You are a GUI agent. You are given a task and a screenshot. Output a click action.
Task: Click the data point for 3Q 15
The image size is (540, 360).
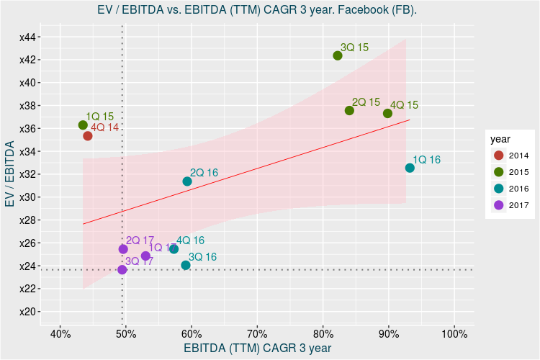338,55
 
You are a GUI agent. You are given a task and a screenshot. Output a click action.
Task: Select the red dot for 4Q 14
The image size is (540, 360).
88,136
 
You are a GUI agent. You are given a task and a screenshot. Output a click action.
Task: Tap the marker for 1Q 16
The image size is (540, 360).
410,168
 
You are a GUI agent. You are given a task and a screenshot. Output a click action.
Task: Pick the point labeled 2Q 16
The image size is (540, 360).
187,181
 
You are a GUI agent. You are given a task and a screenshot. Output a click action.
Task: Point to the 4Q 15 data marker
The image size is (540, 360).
388,113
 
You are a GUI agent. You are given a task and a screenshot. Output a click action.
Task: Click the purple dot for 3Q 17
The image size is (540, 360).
122,270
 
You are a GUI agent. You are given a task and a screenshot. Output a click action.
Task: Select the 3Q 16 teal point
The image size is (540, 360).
186,265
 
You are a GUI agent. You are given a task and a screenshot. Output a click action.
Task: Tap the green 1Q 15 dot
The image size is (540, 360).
83,125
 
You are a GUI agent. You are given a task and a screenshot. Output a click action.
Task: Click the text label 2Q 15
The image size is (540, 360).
366,102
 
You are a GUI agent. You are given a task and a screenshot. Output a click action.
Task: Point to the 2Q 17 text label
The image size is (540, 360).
140,240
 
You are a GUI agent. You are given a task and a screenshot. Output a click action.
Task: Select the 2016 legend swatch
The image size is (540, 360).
498,188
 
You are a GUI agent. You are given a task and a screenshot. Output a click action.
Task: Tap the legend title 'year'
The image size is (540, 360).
500,138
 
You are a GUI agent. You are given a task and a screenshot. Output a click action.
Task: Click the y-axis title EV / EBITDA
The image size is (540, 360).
10,174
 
